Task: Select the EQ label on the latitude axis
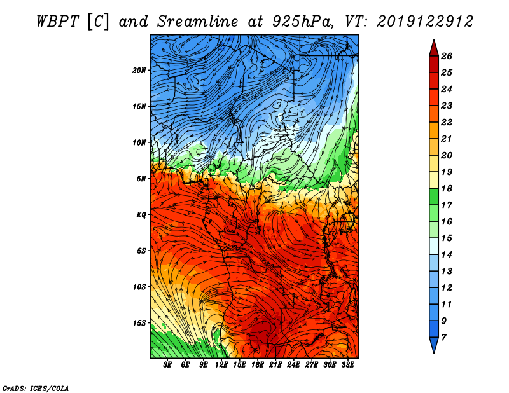[141, 215]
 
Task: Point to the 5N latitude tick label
[141, 179]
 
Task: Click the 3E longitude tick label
[168, 365]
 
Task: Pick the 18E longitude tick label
[258, 365]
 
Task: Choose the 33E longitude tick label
[347, 365]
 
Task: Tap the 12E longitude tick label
[221, 365]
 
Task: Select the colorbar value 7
[443, 336]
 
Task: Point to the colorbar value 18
[446, 188]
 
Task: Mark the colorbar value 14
[446, 254]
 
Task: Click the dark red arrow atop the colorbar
[433, 47]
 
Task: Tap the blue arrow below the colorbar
[433, 346]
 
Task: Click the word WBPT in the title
[58, 20]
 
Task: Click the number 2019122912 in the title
[425, 20]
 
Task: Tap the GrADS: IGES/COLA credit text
[35, 387]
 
